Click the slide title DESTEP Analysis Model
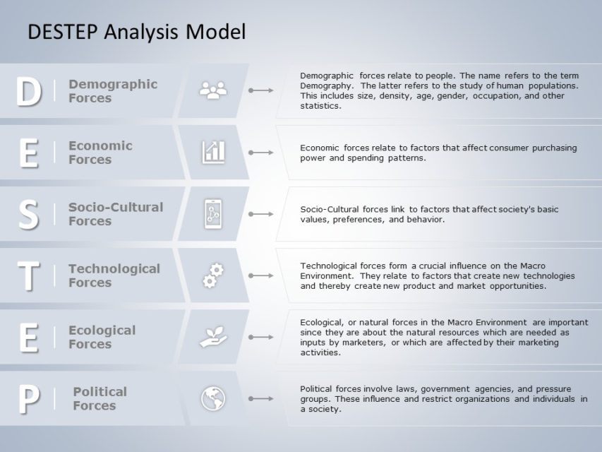pyautogui.click(x=136, y=32)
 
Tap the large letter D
pyautogui.click(x=28, y=92)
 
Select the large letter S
pyautogui.click(x=28, y=215)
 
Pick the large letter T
pyautogui.click(x=28, y=276)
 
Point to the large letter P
pyautogui.click(x=28, y=400)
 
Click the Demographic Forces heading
pyautogui.click(x=113, y=91)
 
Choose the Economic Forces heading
pyautogui.click(x=100, y=153)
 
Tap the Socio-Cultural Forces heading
pyautogui.click(x=116, y=214)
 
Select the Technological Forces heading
pyautogui.click(x=114, y=275)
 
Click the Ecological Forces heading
pyautogui.click(x=102, y=337)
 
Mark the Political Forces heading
pyautogui.click(x=100, y=398)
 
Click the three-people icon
pyautogui.click(x=213, y=90)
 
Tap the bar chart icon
pyautogui.click(x=213, y=152)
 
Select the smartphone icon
pyautogui.click(x=213, y=213)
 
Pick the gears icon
pyautogui.click(x=213, y=275)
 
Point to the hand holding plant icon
pyautogui.click(x=213, y=337)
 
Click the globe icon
pyautogui.click(x=213, y=398)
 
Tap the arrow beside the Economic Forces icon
pyautogui.click(x=261, y=153)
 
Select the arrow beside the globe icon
pyautogui.click(x=261, y=399)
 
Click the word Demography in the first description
pyautogui.click(x=325, y=85)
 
